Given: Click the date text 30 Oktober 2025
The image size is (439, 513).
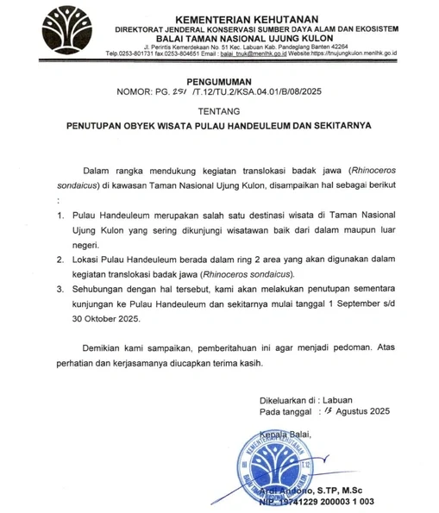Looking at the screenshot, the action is click(110, 319).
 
